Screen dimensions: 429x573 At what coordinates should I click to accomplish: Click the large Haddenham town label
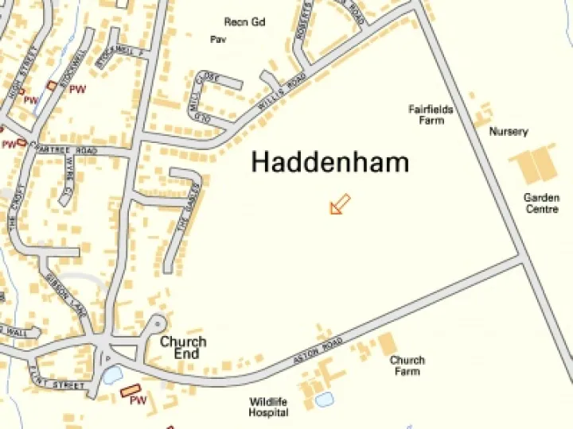click(x=330, y=162)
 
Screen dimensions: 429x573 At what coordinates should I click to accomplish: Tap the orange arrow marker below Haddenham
click(x=340, y=204)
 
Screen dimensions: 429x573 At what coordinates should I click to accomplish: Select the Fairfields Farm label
click(x=431, y=114)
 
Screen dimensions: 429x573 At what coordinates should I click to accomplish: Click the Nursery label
click(x=509, y=132)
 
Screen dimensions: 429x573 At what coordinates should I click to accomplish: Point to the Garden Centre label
click(x=541, y=203)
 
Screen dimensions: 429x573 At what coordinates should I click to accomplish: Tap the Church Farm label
click(x=407, y=365)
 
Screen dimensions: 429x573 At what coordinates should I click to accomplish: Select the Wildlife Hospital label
click(x=268, y=407)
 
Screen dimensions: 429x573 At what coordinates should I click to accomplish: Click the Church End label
click(x=183, y=347)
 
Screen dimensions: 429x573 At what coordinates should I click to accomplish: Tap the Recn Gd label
click(x=244, y=21)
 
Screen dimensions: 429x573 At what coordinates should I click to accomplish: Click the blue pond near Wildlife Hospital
click(x=324, y=400)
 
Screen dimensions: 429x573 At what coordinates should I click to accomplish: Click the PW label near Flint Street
click(x=138, y=401)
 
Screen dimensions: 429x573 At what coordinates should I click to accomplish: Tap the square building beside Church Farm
click(x=387, y=343)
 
